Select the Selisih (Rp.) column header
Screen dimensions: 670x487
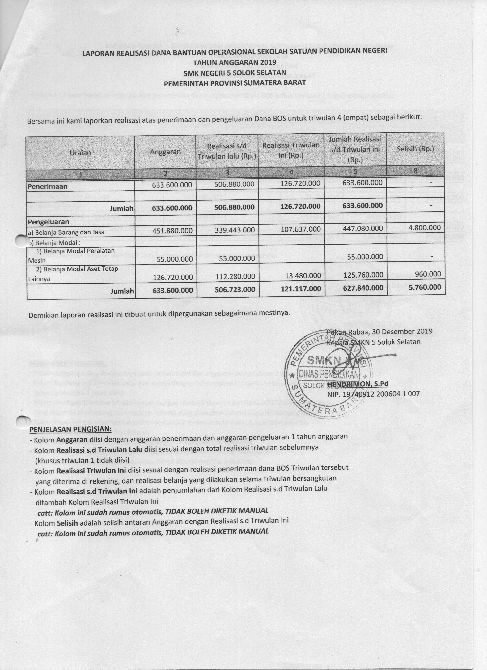[x=415, y=149]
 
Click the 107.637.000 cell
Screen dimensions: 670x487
[x=301, y=229]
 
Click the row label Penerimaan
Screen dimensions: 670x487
[x=48, y=186]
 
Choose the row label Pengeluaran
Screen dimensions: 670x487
[x=49, y=222]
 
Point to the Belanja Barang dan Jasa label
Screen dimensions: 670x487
[x=66, y=232]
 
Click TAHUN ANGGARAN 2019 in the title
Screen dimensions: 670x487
[x=235, y=62]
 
